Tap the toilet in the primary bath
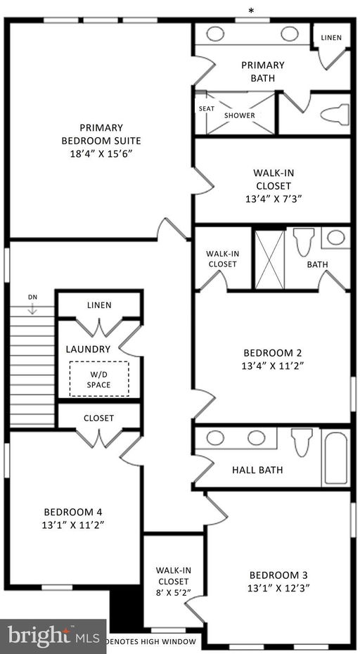pos(335,113)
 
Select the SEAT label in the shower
pos(207,108)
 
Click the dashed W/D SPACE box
pos(98,379)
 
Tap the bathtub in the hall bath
pos(335,458)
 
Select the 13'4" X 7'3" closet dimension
pos(272,199)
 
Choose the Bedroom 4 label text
pos(73,512)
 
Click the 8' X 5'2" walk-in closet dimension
pos(173,593)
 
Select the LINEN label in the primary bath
pos(332,37)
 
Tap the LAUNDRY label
pos(88,349)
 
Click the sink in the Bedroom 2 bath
pos(336,237)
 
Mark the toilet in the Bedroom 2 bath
pos(303,243)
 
